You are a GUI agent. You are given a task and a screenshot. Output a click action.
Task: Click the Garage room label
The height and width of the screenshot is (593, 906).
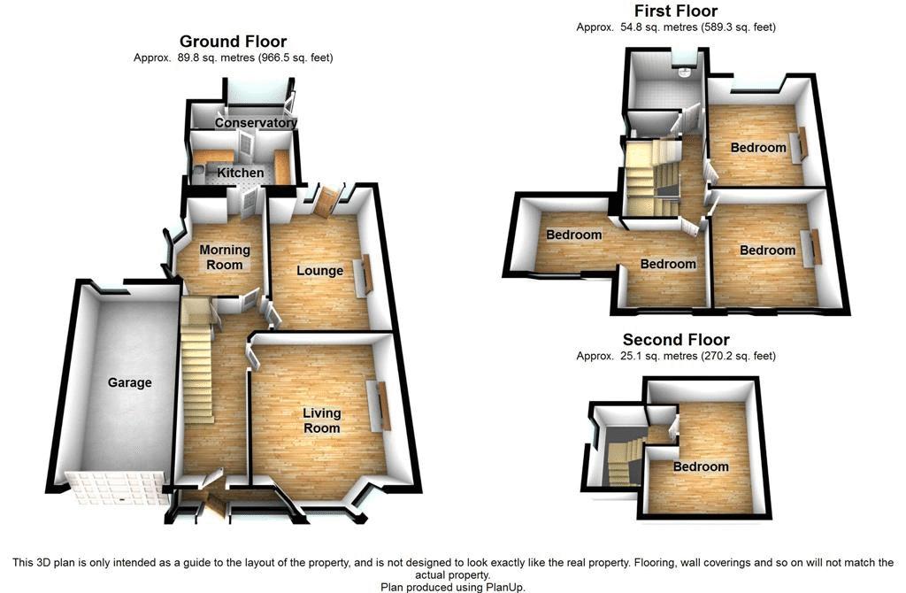130,383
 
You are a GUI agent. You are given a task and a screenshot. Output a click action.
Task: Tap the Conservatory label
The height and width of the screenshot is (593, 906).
256,123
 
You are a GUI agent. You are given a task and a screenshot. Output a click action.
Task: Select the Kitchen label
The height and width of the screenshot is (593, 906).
241,173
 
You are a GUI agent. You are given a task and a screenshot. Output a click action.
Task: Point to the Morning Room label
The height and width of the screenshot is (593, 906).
225,258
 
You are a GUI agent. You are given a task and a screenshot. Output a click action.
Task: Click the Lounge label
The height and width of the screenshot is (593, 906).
319,270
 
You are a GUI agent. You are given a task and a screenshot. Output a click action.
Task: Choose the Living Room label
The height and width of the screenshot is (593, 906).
321,420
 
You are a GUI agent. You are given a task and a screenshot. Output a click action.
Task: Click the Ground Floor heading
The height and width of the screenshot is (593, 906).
233,41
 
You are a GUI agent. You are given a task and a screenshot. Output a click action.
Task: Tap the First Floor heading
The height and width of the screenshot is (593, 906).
676,11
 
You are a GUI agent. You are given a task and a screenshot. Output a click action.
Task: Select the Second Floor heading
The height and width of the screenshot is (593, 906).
676,340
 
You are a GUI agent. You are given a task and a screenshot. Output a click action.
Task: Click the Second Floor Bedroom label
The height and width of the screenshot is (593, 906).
701,466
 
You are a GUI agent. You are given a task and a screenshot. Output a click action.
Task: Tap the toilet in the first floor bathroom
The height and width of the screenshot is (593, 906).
684,73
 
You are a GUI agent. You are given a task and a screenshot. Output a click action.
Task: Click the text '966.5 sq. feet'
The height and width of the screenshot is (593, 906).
295,58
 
